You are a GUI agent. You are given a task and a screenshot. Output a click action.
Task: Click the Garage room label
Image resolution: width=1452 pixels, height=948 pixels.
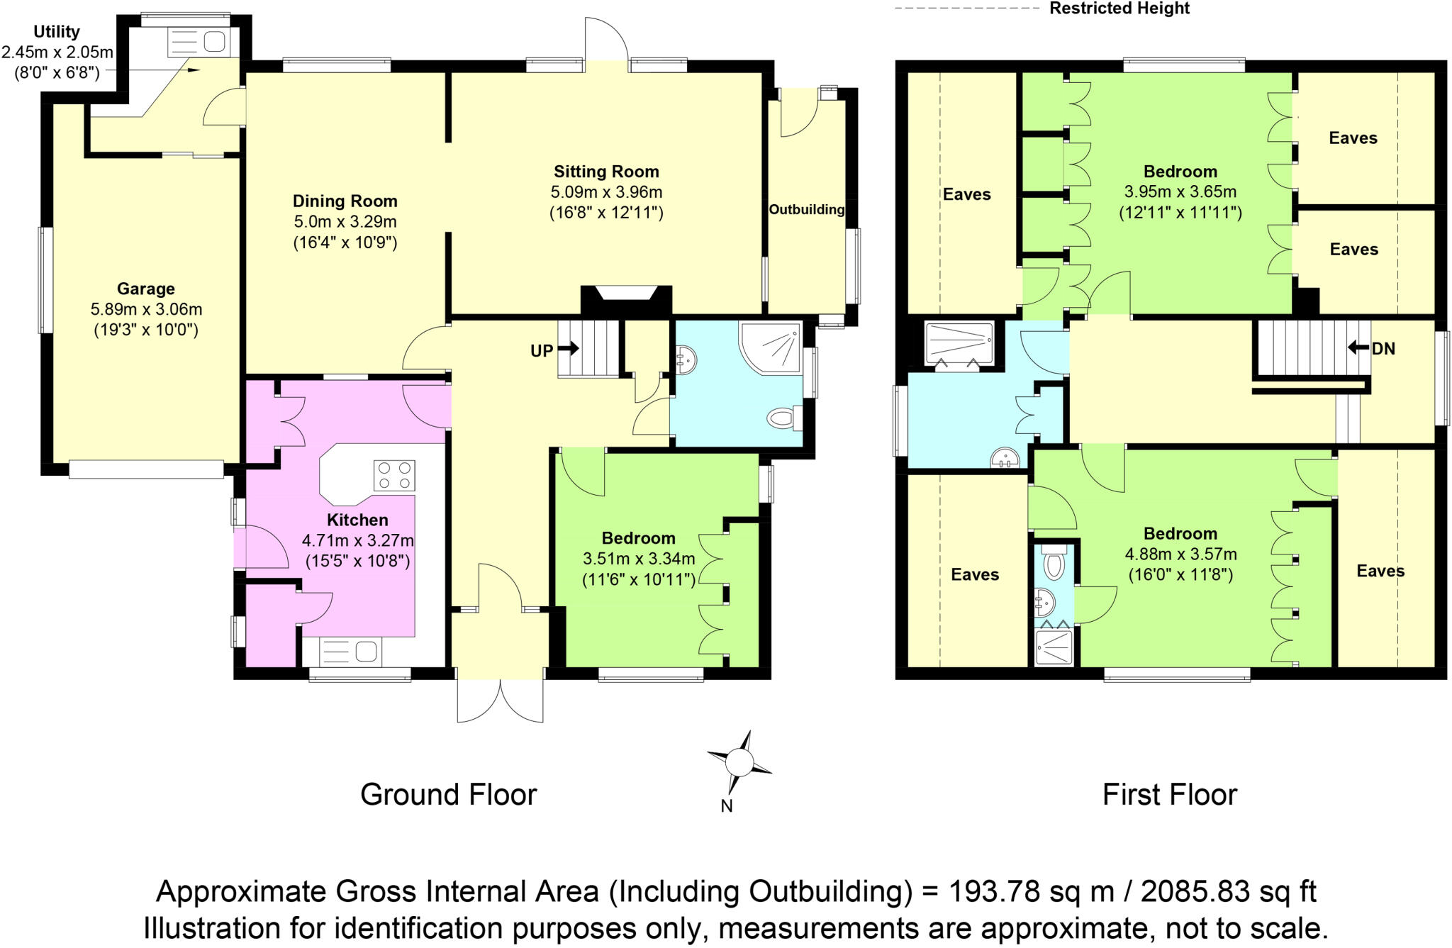click(x=145, y=289)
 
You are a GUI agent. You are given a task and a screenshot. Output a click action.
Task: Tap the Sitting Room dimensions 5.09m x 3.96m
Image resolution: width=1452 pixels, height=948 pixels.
click(x=606, y=192)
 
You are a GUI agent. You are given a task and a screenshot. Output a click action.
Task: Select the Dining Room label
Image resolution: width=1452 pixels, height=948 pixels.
click(x=345, y=201)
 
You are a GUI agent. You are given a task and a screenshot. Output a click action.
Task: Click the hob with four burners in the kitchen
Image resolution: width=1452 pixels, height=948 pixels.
click(x=394, y=475)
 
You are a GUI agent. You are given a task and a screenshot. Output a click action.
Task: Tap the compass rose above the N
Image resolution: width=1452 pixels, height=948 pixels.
click(x=739, y=763)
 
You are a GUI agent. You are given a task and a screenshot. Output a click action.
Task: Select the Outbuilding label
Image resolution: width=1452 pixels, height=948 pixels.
click(x=807, y=210)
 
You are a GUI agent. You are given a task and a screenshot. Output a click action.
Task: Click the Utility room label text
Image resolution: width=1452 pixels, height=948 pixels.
click(x=57, y=32)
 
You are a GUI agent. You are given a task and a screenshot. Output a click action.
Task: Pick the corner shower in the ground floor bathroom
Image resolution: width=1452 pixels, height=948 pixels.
click(x=774, y=347)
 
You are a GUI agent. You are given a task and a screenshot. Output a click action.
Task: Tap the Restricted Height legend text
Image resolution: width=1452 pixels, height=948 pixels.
click(x=1119, y=9)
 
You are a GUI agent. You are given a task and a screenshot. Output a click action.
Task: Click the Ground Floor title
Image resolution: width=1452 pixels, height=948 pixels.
click(x=448, y=795)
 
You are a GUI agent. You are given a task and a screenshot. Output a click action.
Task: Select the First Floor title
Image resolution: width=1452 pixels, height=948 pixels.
click(x=1169, y=795)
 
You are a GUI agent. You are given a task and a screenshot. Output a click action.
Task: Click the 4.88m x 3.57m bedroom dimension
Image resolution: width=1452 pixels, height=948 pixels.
click(x=1180, y=554)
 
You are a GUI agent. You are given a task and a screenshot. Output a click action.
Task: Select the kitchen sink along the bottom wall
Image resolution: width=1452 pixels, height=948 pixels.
click(x=352, y=650)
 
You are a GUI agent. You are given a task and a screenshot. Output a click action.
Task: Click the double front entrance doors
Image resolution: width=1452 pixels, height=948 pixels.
click(x=501, y=701)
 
